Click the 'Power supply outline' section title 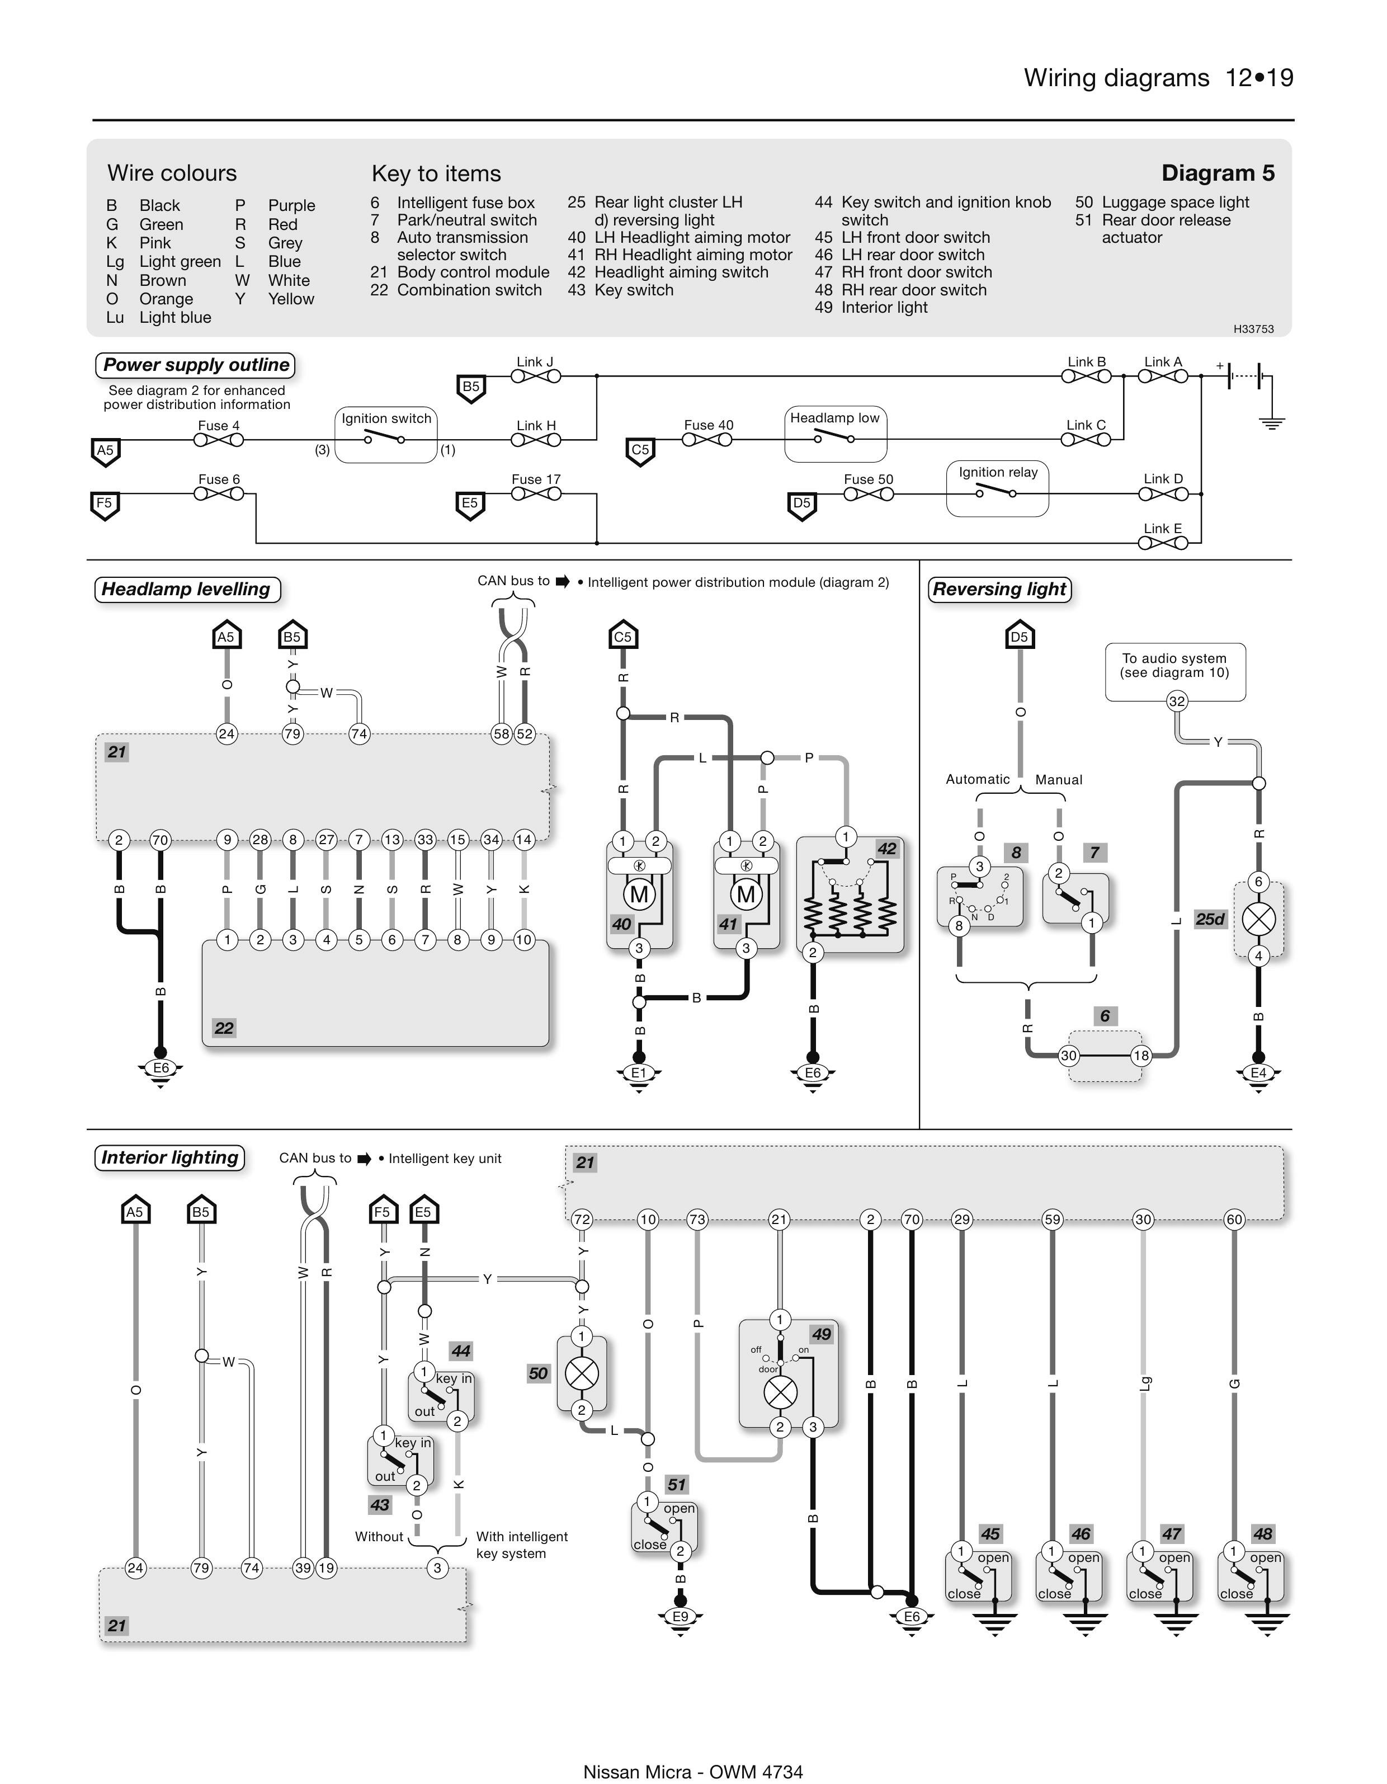click(x=196, y=365)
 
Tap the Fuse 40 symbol click(x=707, y=440)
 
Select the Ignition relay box click(x=997, y=488)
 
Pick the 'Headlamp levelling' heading click(x=187, y=590)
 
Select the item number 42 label click(x=886, y=849)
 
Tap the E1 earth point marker click(x=639, y=1072)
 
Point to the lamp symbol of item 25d click(x=1259, y=919)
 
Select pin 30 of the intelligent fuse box click(x=1068, y=1056)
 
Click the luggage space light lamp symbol click(x=582, y=1373)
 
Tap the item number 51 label click(x=676, y=1484)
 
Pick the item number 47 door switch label click(x=1171, y=1534)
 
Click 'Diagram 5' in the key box click(x=1217, y=173)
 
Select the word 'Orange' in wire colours click(x=166, y=299)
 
